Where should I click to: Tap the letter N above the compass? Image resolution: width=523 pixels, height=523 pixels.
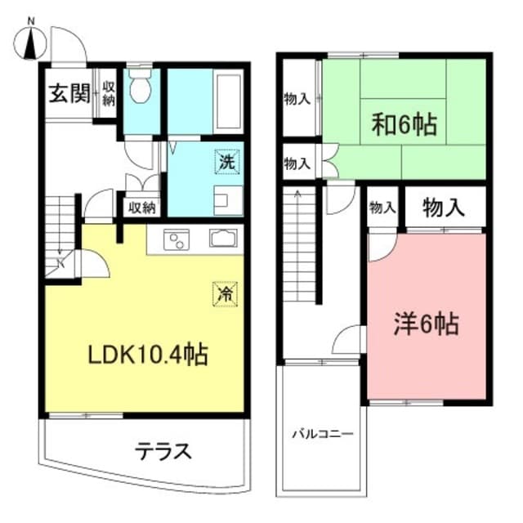click(32, 20)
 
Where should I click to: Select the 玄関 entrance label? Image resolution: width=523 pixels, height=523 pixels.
click(67, 92)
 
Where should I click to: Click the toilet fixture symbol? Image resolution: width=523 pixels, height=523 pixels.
click(141, 86)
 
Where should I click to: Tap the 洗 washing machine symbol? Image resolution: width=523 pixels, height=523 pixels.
click(227, 162)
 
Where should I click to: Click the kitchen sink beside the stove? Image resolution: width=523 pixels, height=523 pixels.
click(223, 240)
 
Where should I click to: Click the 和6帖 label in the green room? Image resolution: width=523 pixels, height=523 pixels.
click(405, 125)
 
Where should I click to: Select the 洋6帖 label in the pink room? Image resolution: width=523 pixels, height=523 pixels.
click(427, 324)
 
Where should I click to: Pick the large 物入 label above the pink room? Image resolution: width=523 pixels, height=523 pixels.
click(444, 208)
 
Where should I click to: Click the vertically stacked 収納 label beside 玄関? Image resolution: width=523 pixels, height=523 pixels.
click(108, 92)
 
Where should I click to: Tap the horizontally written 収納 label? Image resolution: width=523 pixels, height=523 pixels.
click(141, 208)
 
